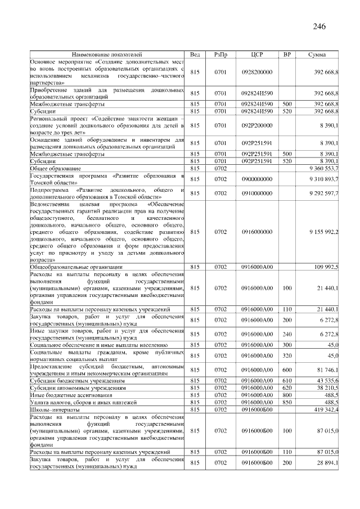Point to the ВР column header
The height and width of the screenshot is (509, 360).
(x=287, y=55)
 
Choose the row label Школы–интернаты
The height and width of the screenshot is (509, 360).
(x=54, y=410)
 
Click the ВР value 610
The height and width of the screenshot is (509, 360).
(x=287, y=381)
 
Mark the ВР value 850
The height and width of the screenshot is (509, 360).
(x=287, y=403)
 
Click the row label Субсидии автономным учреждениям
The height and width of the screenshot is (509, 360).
(x=77, y=388)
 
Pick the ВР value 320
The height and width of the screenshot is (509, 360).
(x=287, y=355)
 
